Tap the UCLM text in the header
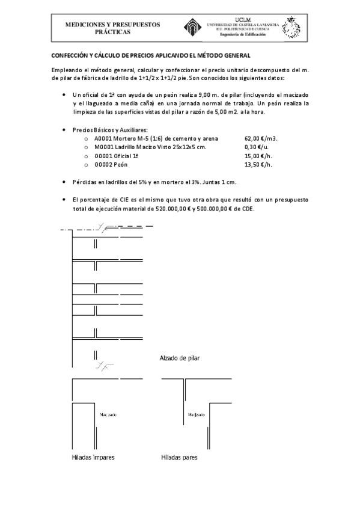point(244,19)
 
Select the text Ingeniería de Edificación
point(243,35)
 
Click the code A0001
point(104,138)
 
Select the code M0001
point(105,146)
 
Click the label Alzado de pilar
point(180,358)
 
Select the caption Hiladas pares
point(179,458)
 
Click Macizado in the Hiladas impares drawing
point(107,414)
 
